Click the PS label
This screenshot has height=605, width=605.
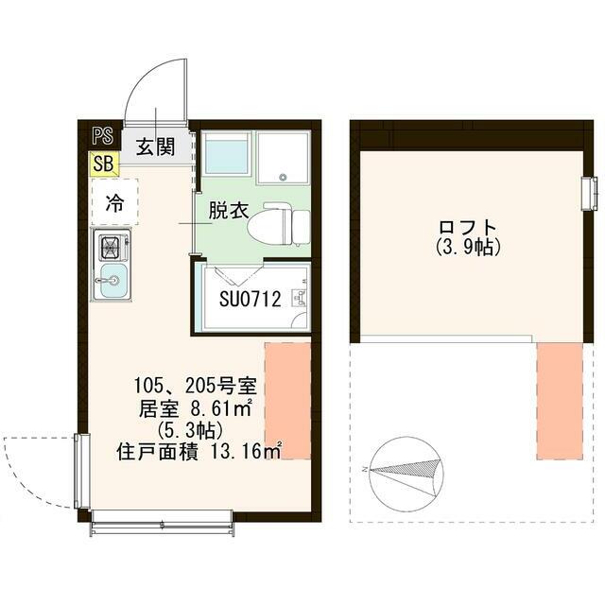pyautogui.click(x=101, y=134)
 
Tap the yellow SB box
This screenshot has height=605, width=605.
pyautogui.click(x=103, y=164)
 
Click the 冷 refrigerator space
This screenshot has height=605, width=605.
pyautogui.click(x=114, y=201)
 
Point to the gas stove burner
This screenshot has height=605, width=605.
pyautogui.click(x=109, y=248)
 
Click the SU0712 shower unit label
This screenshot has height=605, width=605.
pyautogui.click(x=251, y=301)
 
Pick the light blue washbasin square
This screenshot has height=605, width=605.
pyautogui.click(x=226, y=153)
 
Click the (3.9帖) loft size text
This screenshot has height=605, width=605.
pyautogui.click(x=468, y=248)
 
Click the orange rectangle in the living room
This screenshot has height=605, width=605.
pyautogui.click(x=287, y=401)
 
